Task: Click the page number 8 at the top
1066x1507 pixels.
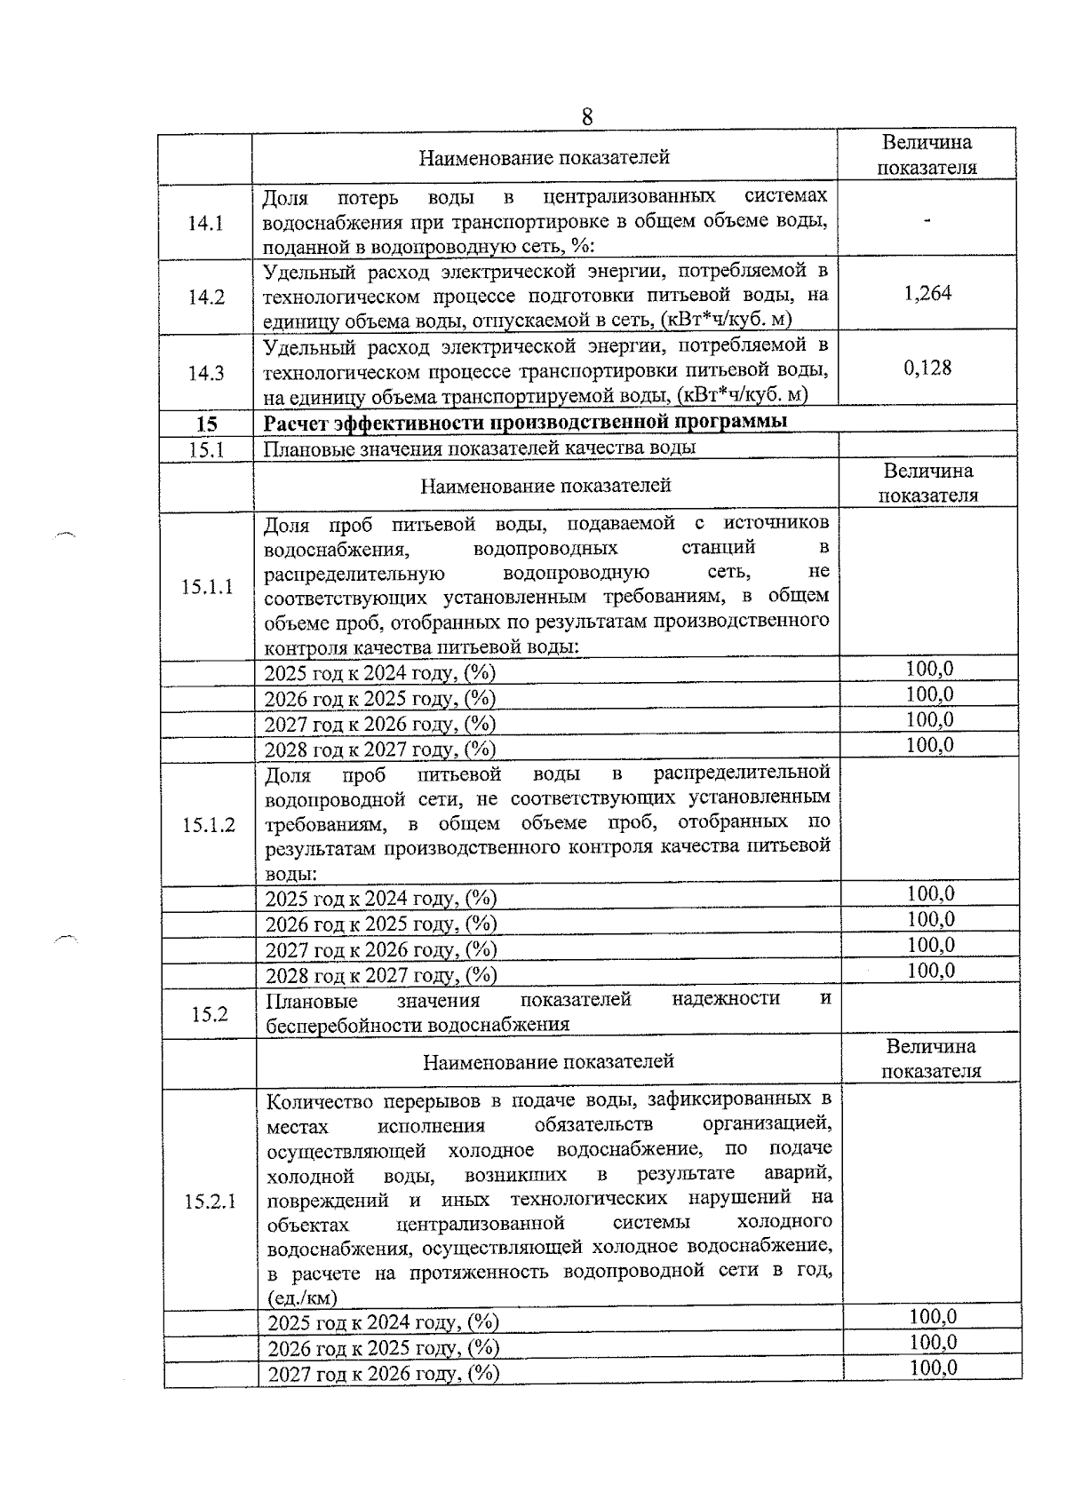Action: click(x=587, y=117)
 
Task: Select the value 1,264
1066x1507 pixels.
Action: click(x=927, y=294)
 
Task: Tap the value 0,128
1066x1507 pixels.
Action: click(x=927, y=369)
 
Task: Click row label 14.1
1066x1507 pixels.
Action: click(x=205, y=223)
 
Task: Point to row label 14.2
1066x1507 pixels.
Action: click(x=206, y=297)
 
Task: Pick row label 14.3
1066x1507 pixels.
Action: click(x=206, y=373)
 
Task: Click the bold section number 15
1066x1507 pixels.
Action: click(x=206, y=424)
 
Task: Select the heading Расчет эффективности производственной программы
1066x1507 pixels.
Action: click(x=525, y=422)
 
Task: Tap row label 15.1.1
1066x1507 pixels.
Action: click(x=207, y=586)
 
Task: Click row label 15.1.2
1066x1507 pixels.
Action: click(x=209, y=825)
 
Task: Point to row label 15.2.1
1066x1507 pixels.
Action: click(x=211, y=1202)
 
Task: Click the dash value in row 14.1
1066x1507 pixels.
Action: click(x=927, y=219)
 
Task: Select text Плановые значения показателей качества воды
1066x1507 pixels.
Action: click(x=480, y=448)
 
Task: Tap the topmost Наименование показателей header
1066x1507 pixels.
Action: click(x=544, y=158)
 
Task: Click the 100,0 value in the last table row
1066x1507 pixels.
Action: click(x=933, y=1368)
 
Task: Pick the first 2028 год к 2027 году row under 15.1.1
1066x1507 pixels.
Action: click(x=380, y=750)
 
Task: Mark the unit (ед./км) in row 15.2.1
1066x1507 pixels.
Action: click(x=302, y=1297)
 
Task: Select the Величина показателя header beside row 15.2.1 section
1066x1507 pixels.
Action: click(x=930, y=1059)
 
